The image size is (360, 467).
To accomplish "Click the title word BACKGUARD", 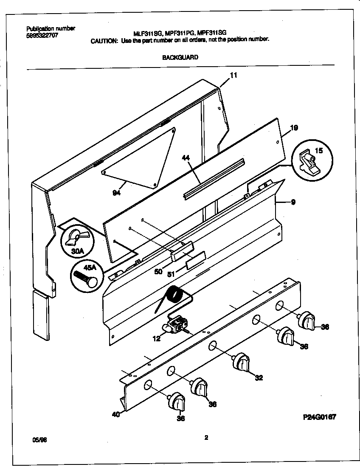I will pyautogui.click(x=180, y=57).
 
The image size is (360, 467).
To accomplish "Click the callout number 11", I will pyautogui.click(x=233, y=75).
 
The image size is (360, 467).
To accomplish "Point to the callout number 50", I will pyautogui.click(x=158, y=271).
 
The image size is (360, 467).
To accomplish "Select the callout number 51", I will pyautogui.click(x=171, y=275).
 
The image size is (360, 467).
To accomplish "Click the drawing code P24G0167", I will pyautogui.click(x=319, y=417).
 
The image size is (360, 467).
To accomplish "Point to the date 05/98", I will pyautogui.click(x=39, y=440).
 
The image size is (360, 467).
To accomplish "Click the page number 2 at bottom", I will pyautogui.click(x=206, y=438).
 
